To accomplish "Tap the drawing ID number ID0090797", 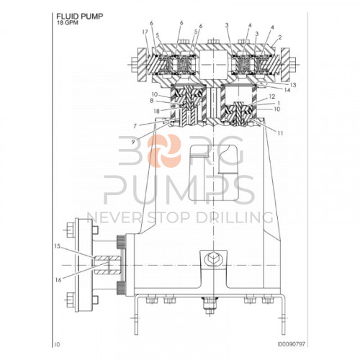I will click(x=288, y=345).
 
